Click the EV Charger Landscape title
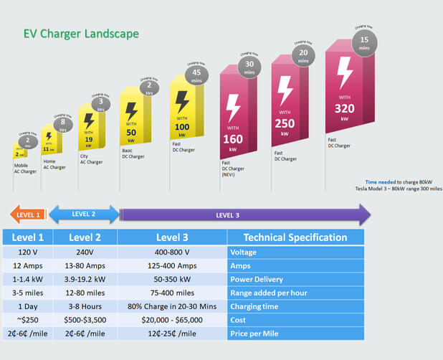81,34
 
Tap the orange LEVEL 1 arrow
28,214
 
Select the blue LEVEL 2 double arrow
84,214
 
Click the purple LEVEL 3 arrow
244,214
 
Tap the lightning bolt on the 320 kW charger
345,72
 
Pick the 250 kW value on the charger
285,123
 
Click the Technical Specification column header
295,237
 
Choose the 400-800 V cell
172,252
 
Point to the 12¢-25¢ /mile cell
172,333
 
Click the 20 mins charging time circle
304,56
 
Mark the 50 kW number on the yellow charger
131,132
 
